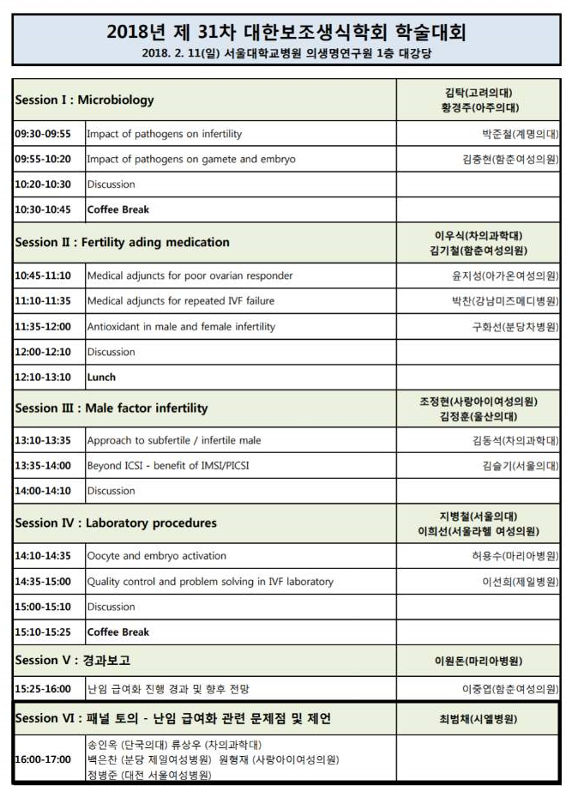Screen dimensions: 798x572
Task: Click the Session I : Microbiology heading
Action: [x=84, y=100]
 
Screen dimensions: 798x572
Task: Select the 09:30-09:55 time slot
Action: [x=43, y=134]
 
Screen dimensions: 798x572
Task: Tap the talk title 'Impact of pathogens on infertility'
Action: [x=165, y=134]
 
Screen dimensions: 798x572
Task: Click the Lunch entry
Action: [x=101, y=377]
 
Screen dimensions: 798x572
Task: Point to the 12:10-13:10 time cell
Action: [x=43, y=377]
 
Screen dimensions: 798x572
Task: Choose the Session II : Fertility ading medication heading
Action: [x=122, y=242]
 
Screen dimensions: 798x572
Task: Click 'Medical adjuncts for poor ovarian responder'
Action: [x=190, y=275]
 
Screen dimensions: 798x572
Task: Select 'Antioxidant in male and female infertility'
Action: [x=181, y=326]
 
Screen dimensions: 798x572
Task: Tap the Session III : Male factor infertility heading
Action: [x=111, y=408]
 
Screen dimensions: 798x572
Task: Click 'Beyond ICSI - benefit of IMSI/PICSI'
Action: [x=173, y=466]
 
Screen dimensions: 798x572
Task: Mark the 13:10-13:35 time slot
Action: [x=43, y=440]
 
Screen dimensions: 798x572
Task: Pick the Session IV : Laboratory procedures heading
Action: [x=116, y=523]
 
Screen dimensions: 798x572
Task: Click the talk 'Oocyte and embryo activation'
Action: [x=156, y=555]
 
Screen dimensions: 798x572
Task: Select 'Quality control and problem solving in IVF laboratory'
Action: [x=210, y=581]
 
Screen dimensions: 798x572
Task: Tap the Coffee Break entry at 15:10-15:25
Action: [x=118, y=632]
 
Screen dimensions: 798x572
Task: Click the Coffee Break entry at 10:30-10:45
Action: [x=118, y=209]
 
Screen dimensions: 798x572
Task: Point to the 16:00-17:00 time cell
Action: [x=43, y=759]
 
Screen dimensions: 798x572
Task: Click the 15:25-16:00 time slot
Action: [x=43, y=689]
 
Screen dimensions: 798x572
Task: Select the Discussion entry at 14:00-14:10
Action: [x=111, y=491]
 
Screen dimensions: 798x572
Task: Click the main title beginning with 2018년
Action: [x=286, y=33]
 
